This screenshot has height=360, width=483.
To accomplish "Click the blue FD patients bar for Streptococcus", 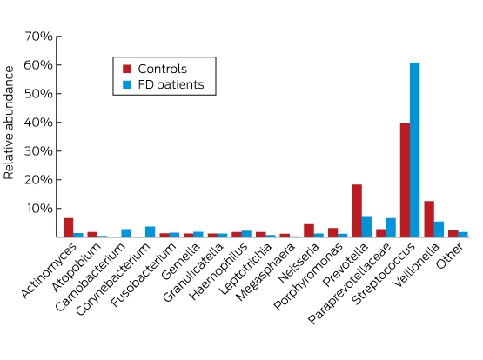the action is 414,150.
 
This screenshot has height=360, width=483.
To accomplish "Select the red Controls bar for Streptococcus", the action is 405,180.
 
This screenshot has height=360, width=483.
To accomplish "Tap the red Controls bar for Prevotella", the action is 357,210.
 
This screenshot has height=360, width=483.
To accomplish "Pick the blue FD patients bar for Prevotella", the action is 366,226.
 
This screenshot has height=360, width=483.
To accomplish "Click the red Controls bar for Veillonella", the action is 429,219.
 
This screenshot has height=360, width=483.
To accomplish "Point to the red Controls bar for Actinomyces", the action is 69,227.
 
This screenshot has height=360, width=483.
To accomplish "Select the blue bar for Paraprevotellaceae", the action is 391,227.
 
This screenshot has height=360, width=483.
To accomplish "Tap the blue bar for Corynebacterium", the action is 150,231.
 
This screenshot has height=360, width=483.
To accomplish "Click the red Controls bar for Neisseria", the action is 309,230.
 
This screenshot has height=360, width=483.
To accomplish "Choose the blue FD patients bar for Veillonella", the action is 439,230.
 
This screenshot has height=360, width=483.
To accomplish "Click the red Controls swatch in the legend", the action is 127,69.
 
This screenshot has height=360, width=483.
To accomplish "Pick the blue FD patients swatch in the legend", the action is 127,84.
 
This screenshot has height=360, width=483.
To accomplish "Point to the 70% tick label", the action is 38,37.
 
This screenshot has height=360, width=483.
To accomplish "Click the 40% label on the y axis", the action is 38,123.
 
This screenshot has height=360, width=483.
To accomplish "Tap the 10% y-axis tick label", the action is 39,209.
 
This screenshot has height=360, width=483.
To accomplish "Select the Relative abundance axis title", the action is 9,123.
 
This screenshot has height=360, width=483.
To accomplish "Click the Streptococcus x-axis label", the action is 383,273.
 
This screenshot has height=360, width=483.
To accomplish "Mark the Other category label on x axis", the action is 449,256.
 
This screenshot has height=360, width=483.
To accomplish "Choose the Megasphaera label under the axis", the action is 265,271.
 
